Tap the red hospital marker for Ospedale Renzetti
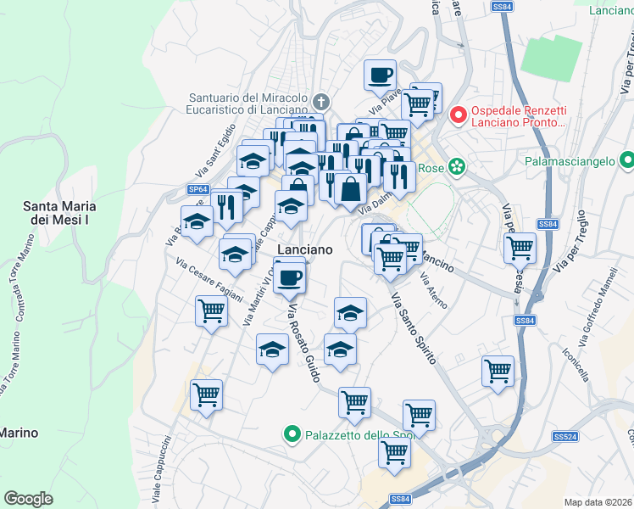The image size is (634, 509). pos(458,115)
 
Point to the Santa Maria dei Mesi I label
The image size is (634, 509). pos(58,213)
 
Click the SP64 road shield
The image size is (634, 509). pos(197,189)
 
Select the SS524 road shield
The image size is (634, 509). pos(564,436)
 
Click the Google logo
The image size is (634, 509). pos(28,498)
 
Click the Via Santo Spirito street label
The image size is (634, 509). pos(413,329)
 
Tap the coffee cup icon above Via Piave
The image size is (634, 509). pos(380,74)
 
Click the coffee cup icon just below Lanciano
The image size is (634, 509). pos(290,277)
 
